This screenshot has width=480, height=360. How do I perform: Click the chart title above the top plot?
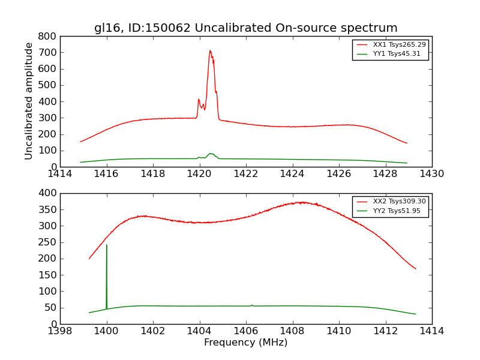tap(245, 28)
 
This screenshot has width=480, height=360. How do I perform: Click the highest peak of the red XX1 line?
tap(210, 50)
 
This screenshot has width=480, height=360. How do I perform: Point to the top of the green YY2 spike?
tap(107, 245)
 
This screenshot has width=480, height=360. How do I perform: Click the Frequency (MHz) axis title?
tap(245, 343)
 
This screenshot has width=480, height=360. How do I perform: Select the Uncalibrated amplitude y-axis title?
tap(29, 101)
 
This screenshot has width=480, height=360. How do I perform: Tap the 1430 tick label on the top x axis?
tap(431, 174)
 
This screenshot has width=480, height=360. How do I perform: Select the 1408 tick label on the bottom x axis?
tap(292, 331)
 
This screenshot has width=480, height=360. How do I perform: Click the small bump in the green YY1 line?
tap(211, 154)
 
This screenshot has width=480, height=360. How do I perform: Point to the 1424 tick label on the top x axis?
tap(292, 174)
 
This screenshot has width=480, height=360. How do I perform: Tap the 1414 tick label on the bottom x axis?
tap(431, 331)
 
